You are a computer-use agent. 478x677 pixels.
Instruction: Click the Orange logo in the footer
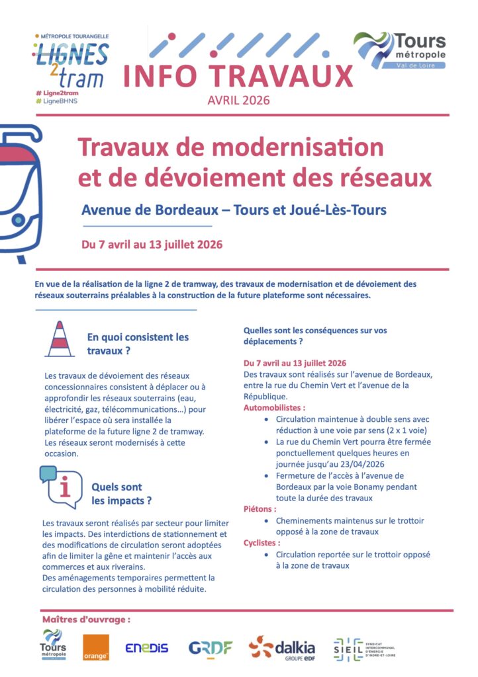tap(96, 647)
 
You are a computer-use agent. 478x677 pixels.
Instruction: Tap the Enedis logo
tap(147, 648)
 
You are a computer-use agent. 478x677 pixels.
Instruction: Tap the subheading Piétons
tap(260, 509)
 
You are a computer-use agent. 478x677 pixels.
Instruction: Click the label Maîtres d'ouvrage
tap(86, 619)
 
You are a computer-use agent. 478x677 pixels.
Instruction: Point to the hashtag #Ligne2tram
tap(60, 93)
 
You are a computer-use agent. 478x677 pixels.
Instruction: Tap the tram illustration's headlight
tap(19, 219)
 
